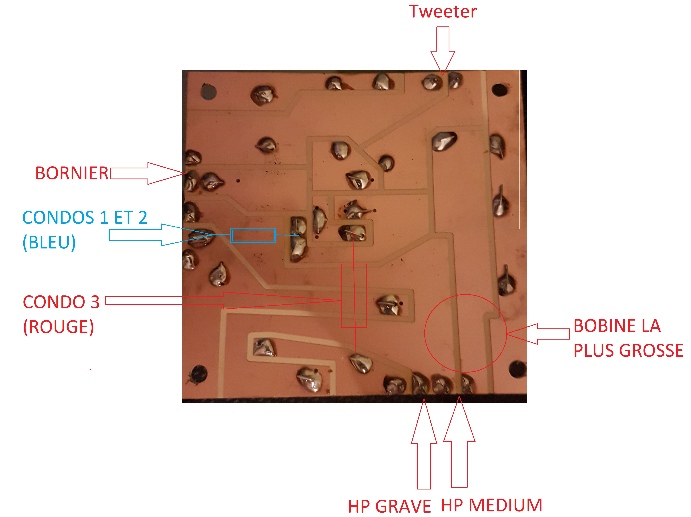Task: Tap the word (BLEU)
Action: point(49,242)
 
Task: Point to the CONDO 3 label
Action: point(61,302)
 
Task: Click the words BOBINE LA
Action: point(617,326)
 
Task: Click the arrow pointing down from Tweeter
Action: point(443,50)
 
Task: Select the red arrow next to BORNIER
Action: point(147,173)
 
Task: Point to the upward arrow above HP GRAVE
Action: point(424,444)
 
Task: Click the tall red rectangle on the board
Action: point(353,295)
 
